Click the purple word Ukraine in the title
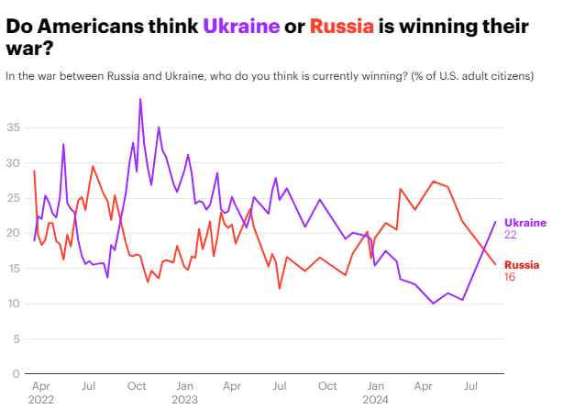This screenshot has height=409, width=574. click(242, 27)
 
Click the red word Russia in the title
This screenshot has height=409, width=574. click(342, 27)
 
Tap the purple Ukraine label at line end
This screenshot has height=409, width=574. click(525, 223)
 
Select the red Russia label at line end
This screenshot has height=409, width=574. click(522, 264)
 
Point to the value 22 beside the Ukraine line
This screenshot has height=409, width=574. click(512, 236)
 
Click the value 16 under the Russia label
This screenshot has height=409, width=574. click(511, 277)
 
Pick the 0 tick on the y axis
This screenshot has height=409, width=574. click(16, 374)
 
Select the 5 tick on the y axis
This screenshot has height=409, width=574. click(16, 339)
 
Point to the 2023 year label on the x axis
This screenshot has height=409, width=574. click(184, 400)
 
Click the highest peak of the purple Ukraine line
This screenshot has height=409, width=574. click(140, 99)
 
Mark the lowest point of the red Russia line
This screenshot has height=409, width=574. click(280, 289)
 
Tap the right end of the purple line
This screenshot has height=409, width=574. click(496, 221)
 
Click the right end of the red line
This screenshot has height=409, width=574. click(496, 264)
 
